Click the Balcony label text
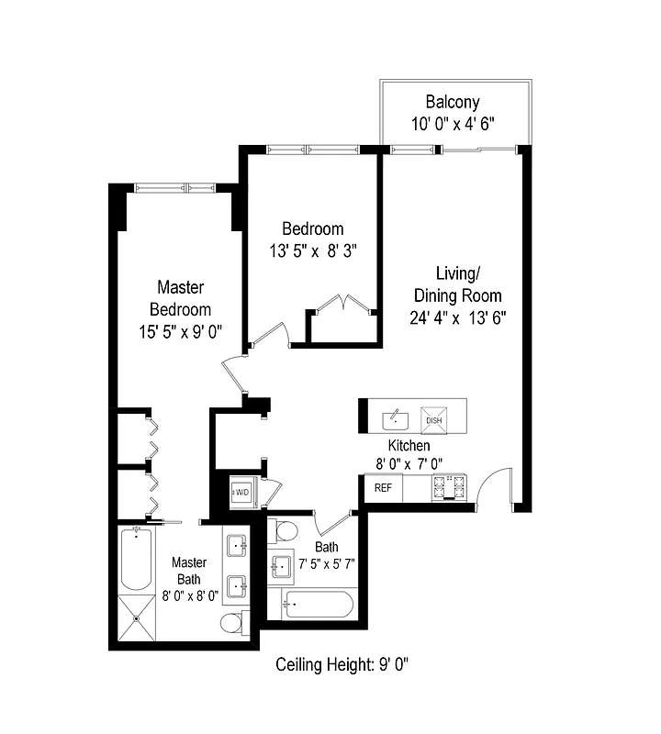tap(453, 102)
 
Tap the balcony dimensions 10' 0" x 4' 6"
tap(453, 124)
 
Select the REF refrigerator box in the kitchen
tap(383, 488)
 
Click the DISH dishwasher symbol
tap(432, 420)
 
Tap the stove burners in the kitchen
tap(449, 487)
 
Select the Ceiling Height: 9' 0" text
tap(342, 664)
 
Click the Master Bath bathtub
tap(135, 559)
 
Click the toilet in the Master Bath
tap(232, 624)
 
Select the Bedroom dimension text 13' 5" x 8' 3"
tap(312, 251)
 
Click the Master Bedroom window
tap(174, 188)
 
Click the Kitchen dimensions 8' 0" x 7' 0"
tap(409, 465)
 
